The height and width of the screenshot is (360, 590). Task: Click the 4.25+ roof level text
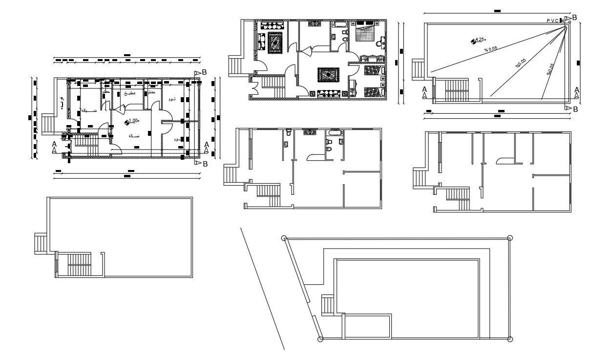click(481, 40)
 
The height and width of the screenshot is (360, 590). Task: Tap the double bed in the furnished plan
click(366, 33)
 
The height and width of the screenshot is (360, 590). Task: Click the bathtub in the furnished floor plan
click(340, 23)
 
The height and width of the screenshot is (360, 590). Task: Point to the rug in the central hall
click(328, 75)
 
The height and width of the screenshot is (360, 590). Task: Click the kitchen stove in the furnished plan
click(312, 23)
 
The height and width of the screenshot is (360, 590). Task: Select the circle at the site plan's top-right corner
click(510, 238)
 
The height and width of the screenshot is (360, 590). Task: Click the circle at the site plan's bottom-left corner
click(320, 339)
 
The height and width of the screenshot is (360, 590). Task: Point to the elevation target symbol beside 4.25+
click(473, 41)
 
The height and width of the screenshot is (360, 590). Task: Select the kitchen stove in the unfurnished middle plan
click(309, 132)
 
